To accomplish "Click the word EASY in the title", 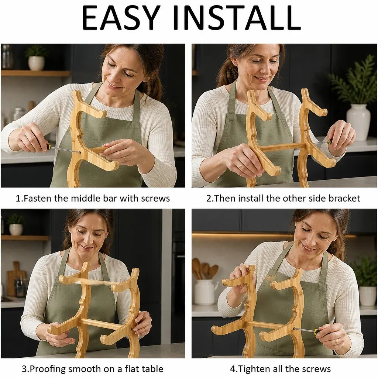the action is click(x=121, y=18).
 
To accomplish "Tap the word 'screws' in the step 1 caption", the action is click(x=155, y=198).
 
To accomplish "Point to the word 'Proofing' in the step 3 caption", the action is click(x=48, y=369).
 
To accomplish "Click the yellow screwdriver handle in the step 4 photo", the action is click(x=315, y=331).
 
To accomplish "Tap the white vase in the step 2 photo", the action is click(x=358, y=122).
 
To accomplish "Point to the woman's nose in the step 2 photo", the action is click(x=264, y=69).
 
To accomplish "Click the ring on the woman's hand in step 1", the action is click(x=125, y=159).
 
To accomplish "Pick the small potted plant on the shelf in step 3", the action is click(x=16, y=224).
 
